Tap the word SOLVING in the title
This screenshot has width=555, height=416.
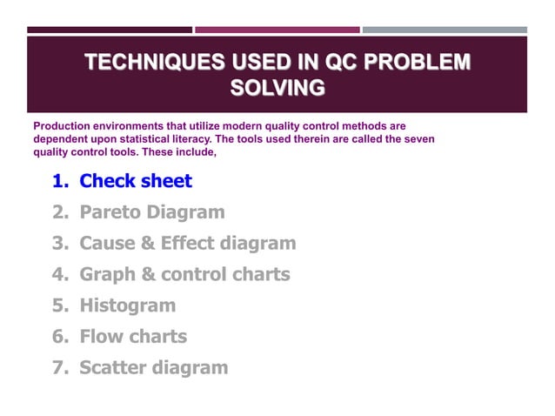[x=277, y=87]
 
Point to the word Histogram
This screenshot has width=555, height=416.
[x=127, y=305]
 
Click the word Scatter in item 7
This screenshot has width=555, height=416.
[x=112, y=367]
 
